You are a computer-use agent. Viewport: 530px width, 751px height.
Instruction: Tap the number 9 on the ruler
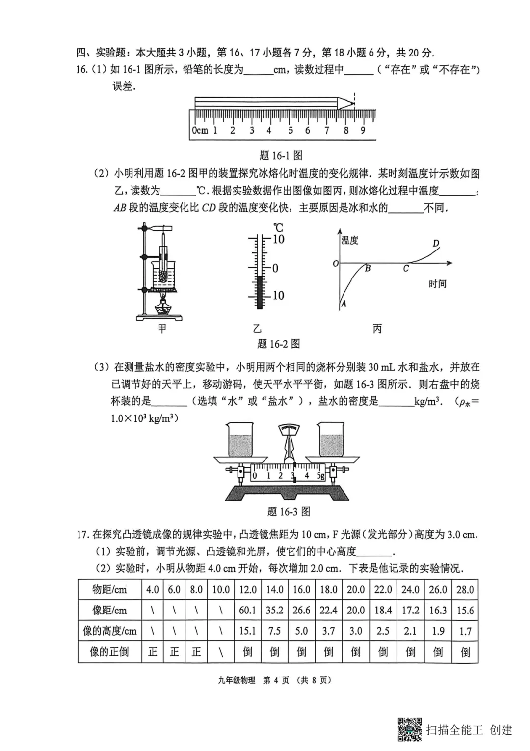point(363,131)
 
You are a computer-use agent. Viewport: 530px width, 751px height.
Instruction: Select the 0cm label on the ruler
point(200,131)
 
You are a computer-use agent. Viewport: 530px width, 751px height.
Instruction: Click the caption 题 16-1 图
point(281,156)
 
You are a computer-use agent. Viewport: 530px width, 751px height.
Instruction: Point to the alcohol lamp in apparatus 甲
point(162,308)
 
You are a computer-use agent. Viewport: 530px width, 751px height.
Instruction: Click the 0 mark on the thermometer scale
point(275,268)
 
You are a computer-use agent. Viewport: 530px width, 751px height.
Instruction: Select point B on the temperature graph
point(367,268)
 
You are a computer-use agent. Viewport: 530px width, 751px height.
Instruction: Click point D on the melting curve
point(436,244)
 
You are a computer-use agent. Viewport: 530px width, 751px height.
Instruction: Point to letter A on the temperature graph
point(344,304)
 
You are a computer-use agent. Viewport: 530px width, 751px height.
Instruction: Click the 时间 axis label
point(437,284)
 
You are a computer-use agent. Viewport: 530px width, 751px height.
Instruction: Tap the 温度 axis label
point(350,240)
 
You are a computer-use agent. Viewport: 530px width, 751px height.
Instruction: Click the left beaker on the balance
point(240,440)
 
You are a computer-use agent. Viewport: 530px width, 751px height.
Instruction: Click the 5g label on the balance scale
point(320,475)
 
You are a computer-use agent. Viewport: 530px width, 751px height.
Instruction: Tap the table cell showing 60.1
point(247,610)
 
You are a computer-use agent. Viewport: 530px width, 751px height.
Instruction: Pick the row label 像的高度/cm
point(109,631)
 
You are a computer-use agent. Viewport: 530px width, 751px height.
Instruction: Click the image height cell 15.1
point(247,631)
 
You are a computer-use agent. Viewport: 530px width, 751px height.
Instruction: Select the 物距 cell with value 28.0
point(465,589)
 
